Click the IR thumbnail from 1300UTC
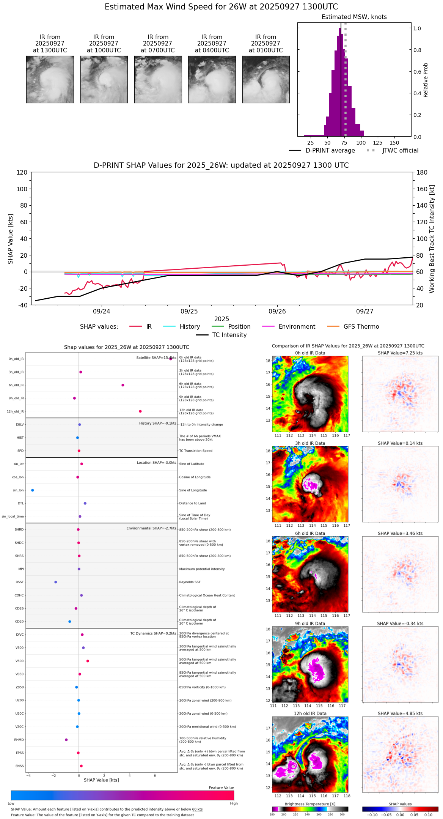pos(50,79)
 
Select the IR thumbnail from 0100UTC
pos(266,79)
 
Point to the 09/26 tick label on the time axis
pos(277,312)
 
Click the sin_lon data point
pos(33,490)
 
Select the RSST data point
pos(56,582)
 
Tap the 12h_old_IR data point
pos(140,411)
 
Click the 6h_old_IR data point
pos(123,385)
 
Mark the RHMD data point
pos(66,740)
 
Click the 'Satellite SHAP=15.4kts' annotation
pos(156,358)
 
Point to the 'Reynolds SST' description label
pos(190,582)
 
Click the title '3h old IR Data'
pos(310,443)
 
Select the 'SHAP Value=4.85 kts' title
pos(400,713)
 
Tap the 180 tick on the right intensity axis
pos(422,173)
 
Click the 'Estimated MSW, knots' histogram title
pos(354,17)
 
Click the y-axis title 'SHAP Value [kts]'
pos(11,239)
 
